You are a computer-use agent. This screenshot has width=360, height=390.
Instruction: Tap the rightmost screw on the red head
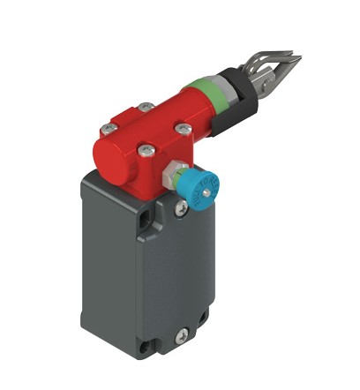tap(184, 130)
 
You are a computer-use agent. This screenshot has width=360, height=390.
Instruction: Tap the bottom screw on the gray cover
tap(183, 334)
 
